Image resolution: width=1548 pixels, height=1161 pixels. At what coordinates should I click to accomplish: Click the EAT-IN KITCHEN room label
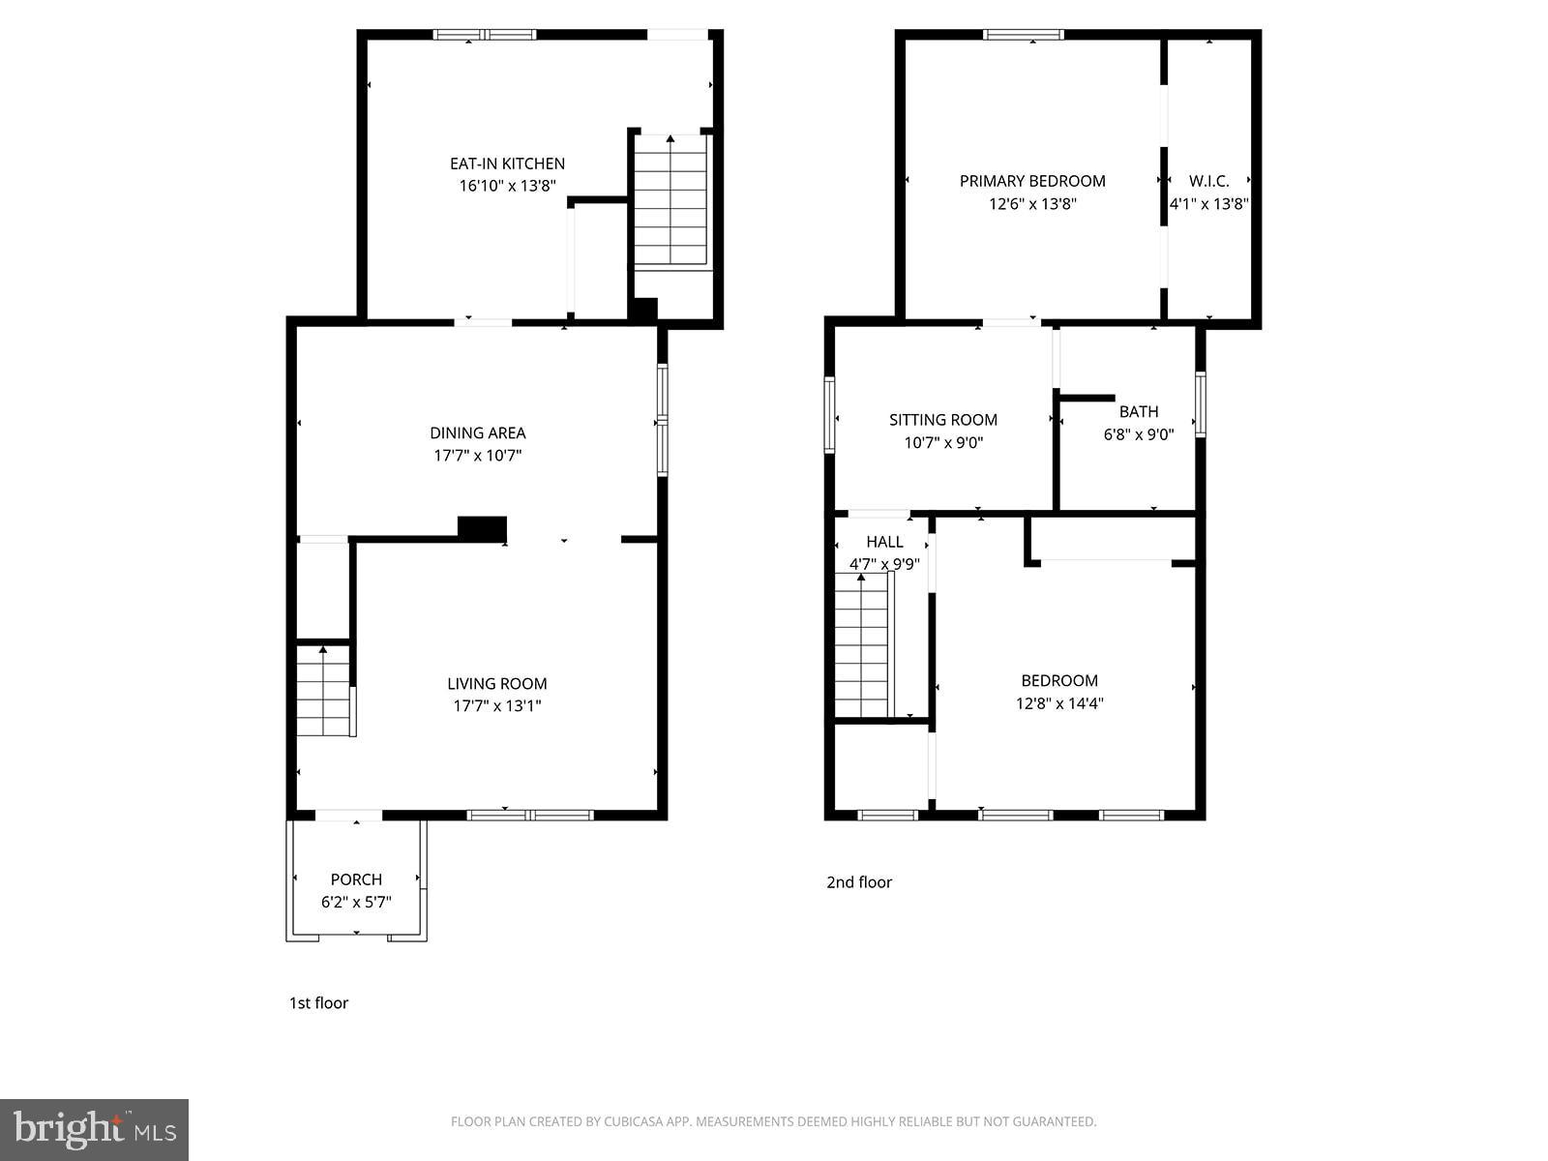click(507, 164)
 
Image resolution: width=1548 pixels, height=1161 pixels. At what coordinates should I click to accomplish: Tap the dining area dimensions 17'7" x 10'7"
click(478, 456)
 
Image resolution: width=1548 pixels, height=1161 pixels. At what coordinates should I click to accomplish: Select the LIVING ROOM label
click(497, 683)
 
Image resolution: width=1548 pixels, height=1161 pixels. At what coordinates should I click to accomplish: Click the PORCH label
click(356, 879)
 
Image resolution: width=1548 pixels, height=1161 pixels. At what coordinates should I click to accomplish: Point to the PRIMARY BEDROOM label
click(1032, 181)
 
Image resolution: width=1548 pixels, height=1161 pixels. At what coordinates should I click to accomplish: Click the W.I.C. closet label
click(1208, 181)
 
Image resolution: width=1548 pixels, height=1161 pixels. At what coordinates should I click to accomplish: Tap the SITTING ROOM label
click(943, 420)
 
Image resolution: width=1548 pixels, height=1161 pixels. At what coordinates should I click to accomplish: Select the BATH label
click(1139, 412)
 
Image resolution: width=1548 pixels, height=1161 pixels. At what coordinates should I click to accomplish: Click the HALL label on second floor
click(884, 542)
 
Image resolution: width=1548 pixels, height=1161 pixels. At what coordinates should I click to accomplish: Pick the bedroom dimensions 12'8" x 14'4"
click(1059, 704)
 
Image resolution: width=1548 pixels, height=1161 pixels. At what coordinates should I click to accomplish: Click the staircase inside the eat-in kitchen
click(670, 203)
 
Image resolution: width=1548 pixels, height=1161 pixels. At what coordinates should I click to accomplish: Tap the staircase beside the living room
click(322, 692)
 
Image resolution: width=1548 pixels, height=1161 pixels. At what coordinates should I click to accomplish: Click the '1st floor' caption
click(318, 1003)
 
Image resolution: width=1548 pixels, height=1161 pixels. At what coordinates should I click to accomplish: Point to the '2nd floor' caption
click(859, 882)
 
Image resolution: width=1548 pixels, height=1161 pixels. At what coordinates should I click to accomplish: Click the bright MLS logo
click(95, 1130)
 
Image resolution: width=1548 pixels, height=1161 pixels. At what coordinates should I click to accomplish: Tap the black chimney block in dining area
click(482, 528)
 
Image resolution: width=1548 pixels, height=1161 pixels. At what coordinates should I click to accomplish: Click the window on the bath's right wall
click(1201, 404)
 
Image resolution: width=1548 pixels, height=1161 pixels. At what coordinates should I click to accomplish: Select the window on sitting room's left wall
click(829, 415)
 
